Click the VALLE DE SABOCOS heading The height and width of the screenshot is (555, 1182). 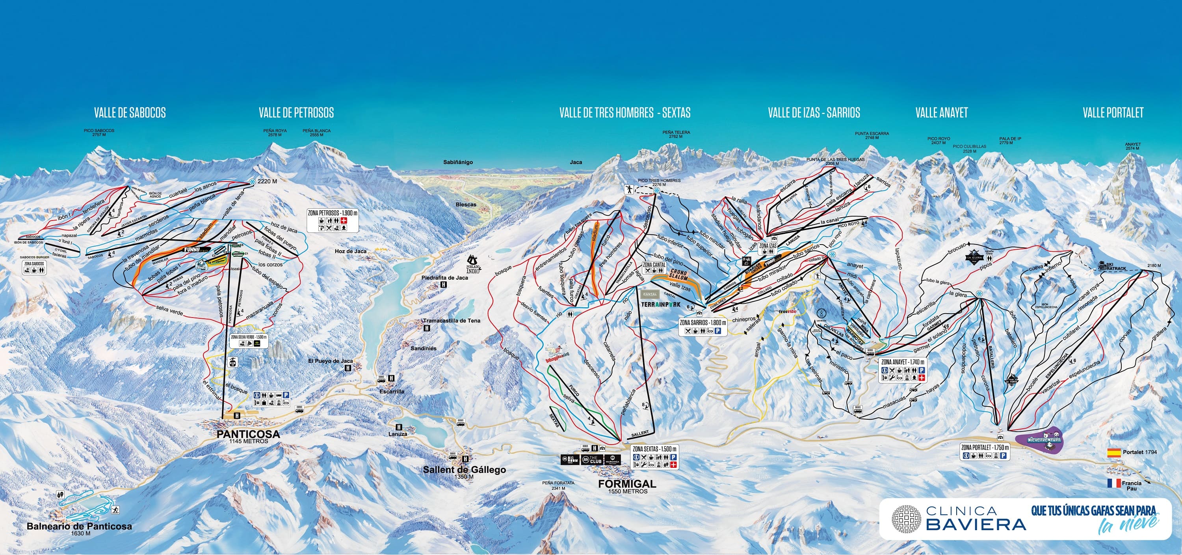130,112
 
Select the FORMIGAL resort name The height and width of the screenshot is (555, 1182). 627,484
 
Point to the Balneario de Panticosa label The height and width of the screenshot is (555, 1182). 79,527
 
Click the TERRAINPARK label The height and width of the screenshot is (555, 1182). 661,305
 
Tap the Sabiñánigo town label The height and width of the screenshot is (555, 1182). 457,162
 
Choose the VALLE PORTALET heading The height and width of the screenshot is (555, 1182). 1113,112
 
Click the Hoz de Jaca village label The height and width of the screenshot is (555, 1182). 351,251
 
